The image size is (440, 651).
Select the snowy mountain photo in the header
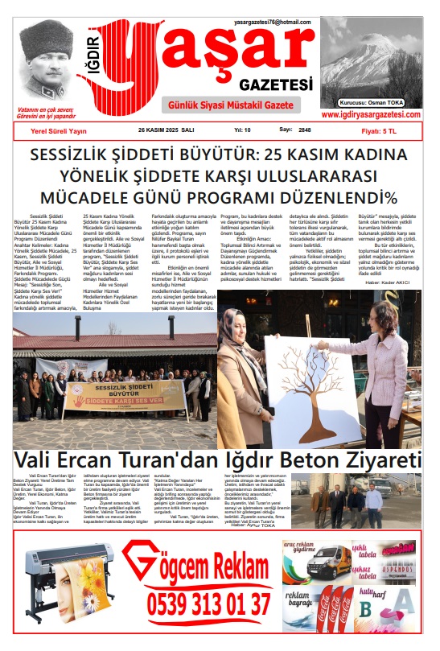tap(371, 63)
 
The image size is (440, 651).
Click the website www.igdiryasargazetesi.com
tap(372, 115)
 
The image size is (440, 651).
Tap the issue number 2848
tap(305, 129)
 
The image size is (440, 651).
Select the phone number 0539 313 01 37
tap(209, 603)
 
